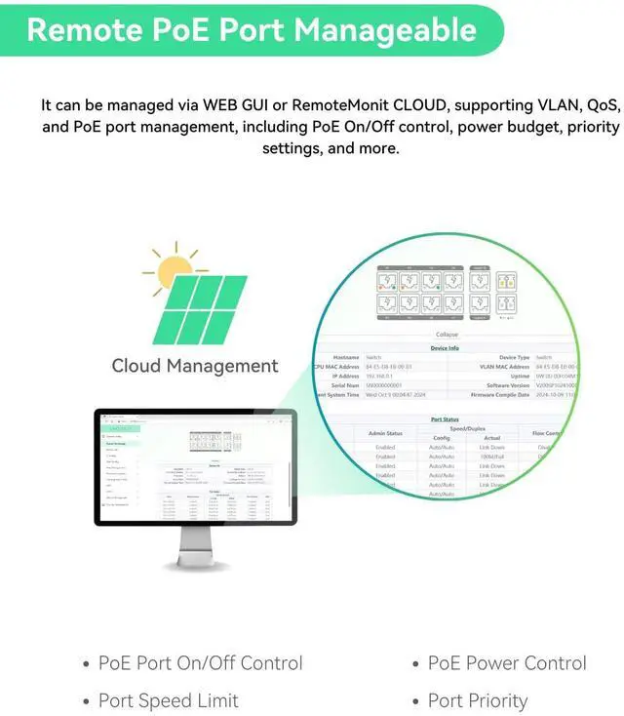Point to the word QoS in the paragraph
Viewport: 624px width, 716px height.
click(597, 104)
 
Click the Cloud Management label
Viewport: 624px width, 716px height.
click(195, 367)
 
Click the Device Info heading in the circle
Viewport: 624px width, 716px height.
click(445, 348)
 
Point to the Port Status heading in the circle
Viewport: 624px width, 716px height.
click(445, 419)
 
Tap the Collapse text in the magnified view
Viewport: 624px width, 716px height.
click(447, 334)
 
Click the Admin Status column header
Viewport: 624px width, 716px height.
click(385, 433)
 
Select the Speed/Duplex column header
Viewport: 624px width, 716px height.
click(466, 428)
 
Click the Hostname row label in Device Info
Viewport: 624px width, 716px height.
click(346, 358)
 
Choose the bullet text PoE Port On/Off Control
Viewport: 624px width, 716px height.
click(201, 663)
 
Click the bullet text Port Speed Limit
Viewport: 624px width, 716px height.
click(169, 700)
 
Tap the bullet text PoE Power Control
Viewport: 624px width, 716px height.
click(507, 663)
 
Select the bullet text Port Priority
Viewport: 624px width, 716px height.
click(478, 700)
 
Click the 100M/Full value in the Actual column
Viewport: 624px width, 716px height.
click(491, 457)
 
